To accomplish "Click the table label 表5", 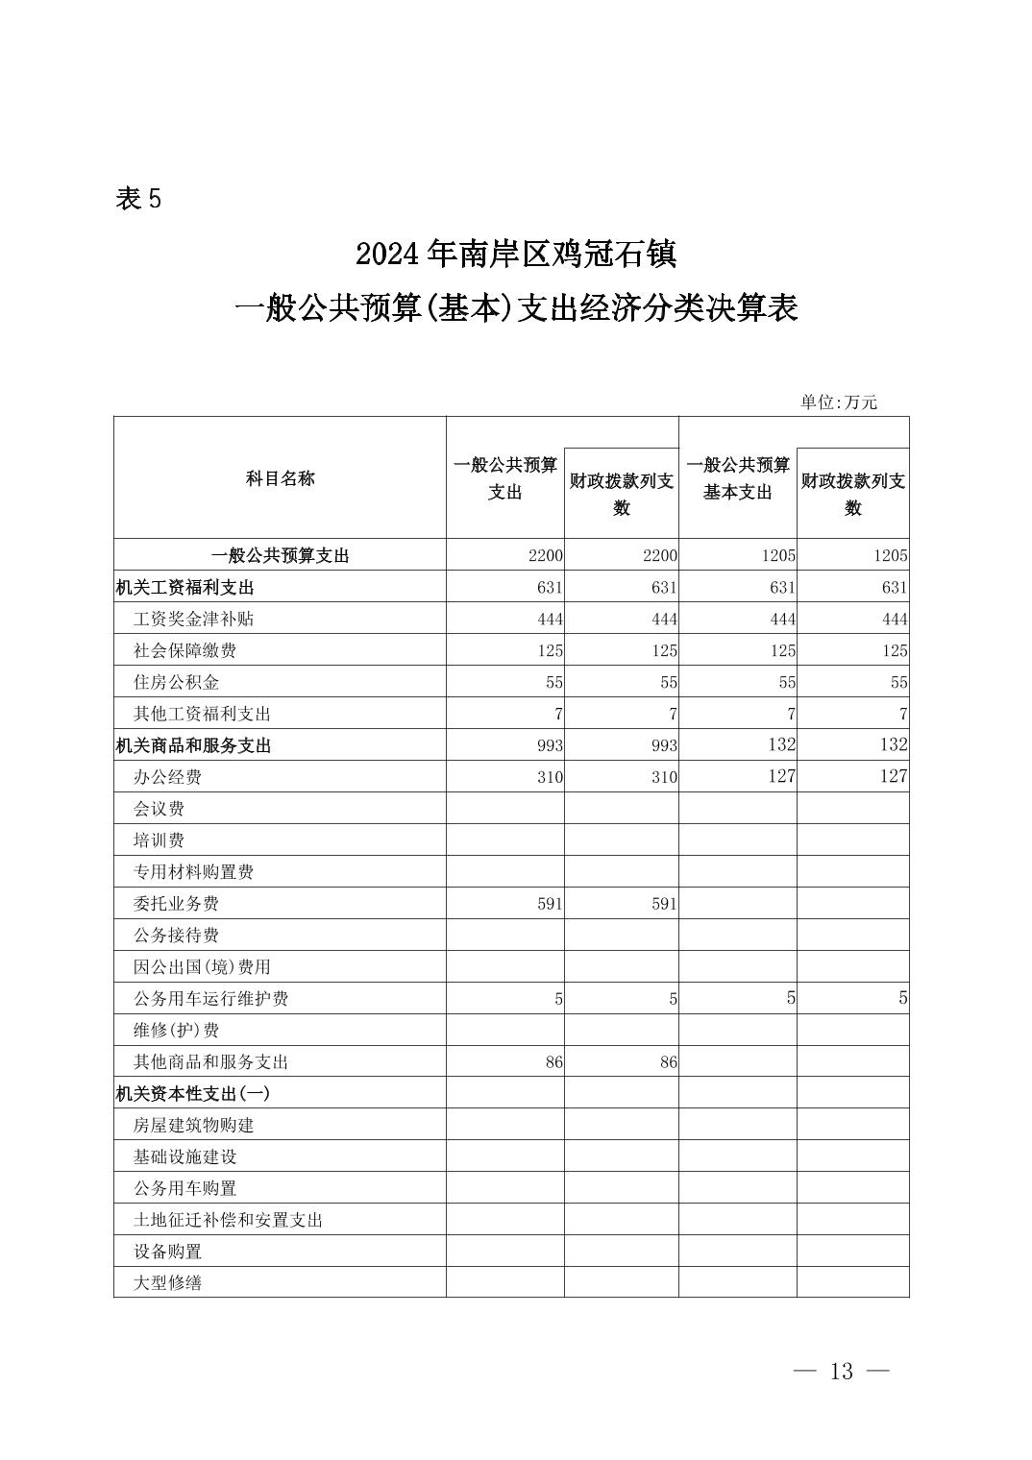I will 138,199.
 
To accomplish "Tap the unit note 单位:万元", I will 838,402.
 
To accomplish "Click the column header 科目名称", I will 280,478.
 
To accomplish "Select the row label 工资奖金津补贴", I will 193,620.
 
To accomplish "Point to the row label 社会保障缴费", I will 184,651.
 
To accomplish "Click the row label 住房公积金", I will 176,683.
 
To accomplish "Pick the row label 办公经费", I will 167,777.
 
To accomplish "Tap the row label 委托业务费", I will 176,904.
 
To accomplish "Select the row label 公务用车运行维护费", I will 210,999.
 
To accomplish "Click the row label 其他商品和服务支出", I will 210,1062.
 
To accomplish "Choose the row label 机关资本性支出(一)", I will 192,1094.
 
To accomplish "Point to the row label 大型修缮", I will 167,1283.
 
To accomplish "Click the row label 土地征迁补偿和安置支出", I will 228,1221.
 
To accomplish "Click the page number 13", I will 841,1372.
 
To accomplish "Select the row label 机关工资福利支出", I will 184,588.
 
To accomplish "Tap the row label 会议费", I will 159,809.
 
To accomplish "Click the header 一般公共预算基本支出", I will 737,478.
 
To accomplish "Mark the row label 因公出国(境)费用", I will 202,967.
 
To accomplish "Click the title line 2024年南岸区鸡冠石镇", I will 516,255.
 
